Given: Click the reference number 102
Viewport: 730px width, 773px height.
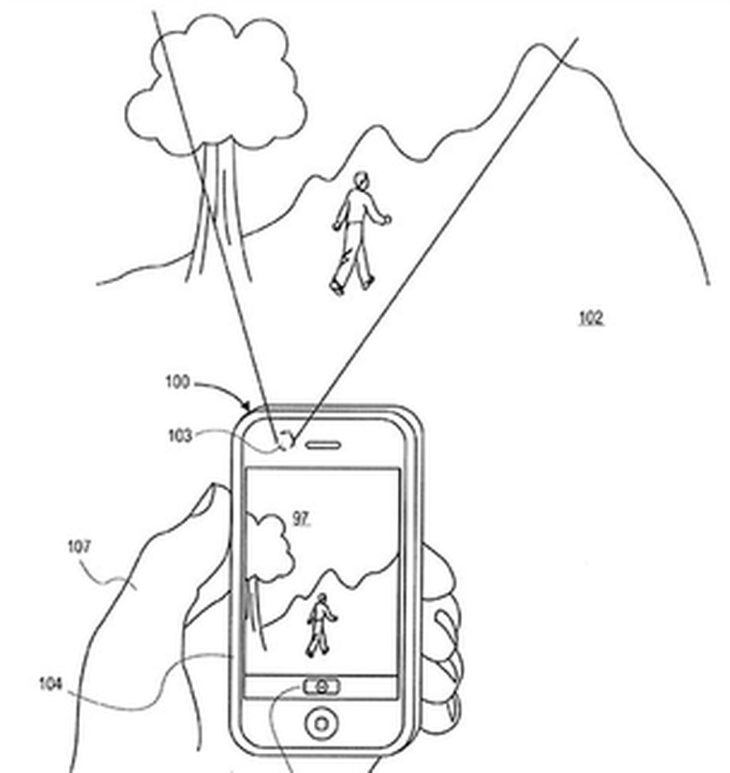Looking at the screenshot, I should [591, 318].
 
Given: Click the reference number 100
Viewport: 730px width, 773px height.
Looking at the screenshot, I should [178, 383].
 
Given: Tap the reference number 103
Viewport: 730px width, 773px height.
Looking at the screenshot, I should [179, 435].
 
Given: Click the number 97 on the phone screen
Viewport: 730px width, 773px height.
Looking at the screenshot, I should [300, 519].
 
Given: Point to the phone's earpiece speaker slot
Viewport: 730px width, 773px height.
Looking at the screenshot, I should [322, 445].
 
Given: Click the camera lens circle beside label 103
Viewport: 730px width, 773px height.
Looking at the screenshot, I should [286, 443].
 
